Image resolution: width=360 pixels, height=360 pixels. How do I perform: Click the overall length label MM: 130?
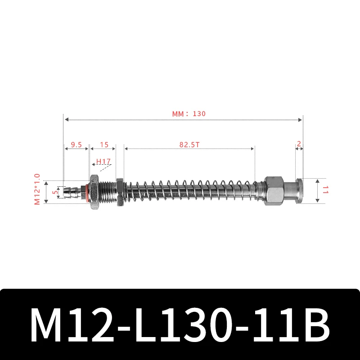(x=189, y=114)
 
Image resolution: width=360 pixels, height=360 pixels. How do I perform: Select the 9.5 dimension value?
(x=76, y=145)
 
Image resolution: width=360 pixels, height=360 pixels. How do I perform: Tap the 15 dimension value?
(x=104, y=145)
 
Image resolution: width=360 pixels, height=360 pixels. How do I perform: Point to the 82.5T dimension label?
(x=189, y=145)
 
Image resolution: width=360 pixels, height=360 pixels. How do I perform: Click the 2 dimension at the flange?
(x=299, y=144)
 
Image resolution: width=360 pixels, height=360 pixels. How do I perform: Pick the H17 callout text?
(x=103, y=162)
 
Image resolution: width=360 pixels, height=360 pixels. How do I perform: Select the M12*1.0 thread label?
(x=37, y=189)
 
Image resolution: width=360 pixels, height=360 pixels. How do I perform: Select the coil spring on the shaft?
(x=189, y=191)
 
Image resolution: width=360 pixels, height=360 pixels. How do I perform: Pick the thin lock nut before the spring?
(x=119, y=191)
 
